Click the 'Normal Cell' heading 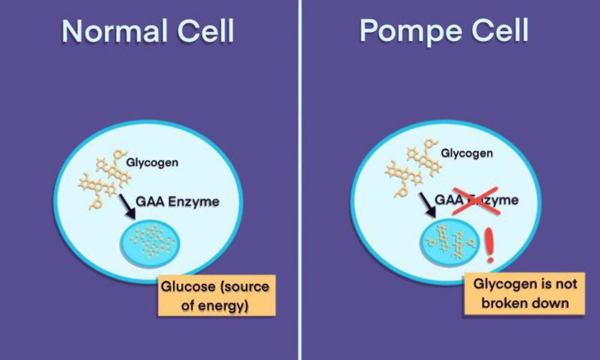click(x=148, y=31)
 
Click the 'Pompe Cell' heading click(x=444, y=31)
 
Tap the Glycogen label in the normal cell click(x=152, y=163)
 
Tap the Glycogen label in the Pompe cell click(x=467, y=154)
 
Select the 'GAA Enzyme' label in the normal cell click(x=178, y=202)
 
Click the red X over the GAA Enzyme click(x=475, y=200)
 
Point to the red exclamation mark click(x=490, y=245)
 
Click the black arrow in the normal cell click(x=127, y=206)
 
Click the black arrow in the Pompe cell click(x=428, y=205)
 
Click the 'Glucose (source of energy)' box click(x=217, y=295)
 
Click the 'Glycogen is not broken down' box click(x=524, y=293)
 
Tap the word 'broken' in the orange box click(x=503, y=303)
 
